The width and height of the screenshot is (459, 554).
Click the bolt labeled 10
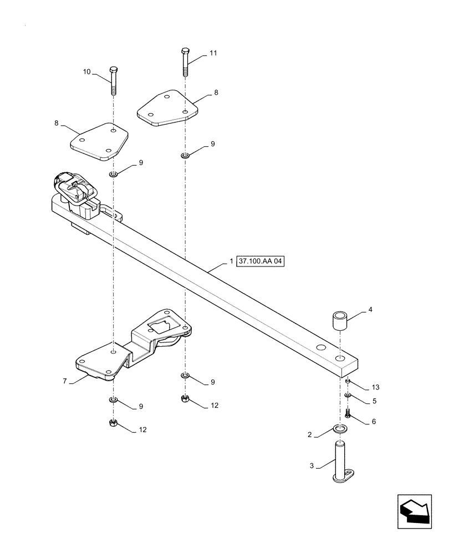pyautogui.click(x=114, y=80)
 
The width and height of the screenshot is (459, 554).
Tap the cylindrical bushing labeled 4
pyautogui.click(x=340, y=322)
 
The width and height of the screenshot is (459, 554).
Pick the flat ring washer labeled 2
pyautogui.click(x=340, y=428)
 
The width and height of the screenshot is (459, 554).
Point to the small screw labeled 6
pyautogui.click(x=347, y=413)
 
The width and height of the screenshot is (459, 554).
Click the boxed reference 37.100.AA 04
pyautogui.click(x=260, y=261)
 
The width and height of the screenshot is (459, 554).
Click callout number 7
pyautogui.click(x=65, y=381)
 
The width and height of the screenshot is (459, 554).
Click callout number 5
pyautogui.click(x=374, y=401)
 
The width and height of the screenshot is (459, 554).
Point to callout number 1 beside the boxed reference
pyautogui.click(x=231, y=261)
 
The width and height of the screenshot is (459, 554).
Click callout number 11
pyautogui.click(x=213, y=53)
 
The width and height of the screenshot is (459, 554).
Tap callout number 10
pyautogui.click(x=87, y=72)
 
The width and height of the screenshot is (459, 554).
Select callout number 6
pyautogui.click(x=374, y=421)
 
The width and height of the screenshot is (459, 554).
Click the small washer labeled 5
pyautogui.click(x=348, y=395)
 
